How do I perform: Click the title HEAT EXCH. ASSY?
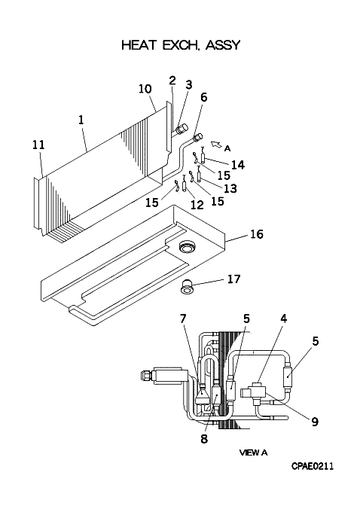tap(181, 44)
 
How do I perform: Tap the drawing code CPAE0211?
tap(313, 466)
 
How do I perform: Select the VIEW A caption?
tap(253, 453)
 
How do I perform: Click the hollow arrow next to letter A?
tap(215, 145)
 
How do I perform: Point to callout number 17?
tap(233, 279)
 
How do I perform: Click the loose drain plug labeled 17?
tap(188, 285)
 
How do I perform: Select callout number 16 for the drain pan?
tap(256, 234)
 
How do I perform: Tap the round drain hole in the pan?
tap(187, 246)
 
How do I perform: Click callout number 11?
tap(38, 145)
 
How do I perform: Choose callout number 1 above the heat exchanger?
tap(81, 120)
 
